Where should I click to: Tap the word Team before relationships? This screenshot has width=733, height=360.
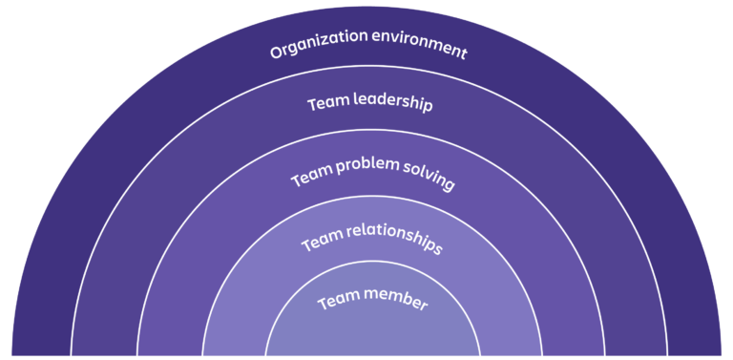pyautogui.click(x=322, y=244)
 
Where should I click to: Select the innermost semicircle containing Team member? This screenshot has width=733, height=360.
pyautogui.click(x=372, y=334)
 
